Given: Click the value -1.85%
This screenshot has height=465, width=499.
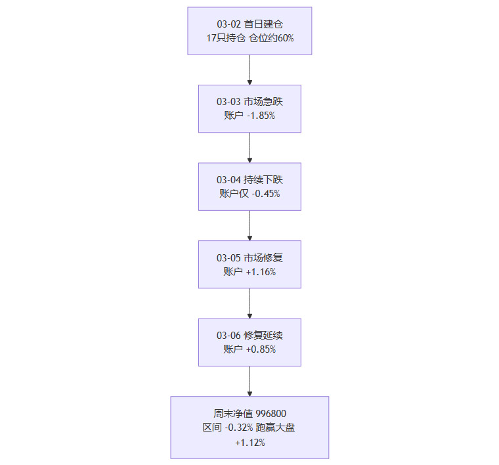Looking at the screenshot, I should tap(259, 116).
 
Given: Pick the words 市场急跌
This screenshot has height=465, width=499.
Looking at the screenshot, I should tap(263, 102).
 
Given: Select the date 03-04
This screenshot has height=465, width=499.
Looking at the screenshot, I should tap(229, 180).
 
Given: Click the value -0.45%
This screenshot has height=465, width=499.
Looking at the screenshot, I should tap(266, 194).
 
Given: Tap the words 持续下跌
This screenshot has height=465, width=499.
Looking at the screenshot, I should tap(263, 180).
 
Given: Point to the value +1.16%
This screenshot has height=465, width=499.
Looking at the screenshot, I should tap(261, 272).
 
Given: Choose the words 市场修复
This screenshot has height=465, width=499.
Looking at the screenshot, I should tap(263, 258).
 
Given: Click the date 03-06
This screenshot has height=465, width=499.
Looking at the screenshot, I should tap(229, 336).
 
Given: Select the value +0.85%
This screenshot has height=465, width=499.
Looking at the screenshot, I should tap(261, 349).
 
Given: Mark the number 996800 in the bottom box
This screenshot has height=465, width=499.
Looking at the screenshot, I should tap(268, 414).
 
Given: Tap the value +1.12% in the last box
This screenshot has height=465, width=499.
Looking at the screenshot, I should tap(249, 443).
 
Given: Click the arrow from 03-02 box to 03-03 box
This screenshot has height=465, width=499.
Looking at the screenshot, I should tap(249, 70).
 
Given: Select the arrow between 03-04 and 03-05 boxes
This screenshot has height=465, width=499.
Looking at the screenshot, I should tap(249, 225).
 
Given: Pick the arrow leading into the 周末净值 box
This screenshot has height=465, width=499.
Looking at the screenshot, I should tap(249, 381).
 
